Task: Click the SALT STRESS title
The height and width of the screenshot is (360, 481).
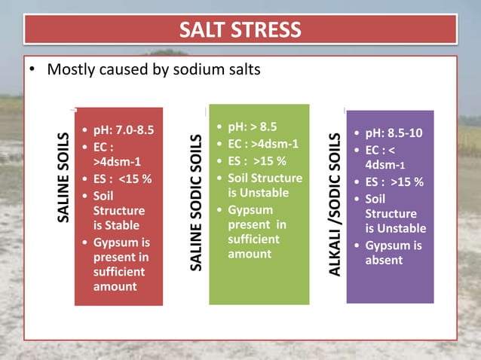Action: point(240,30)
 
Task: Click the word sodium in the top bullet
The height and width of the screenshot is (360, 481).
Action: point(185,71)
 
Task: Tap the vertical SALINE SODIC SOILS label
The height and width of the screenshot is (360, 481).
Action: point(196,203)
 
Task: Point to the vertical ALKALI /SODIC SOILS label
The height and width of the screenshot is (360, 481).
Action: point(336,203)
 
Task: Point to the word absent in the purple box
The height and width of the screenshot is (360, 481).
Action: point(384,260)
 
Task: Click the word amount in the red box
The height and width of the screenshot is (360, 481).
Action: point(115,287)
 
